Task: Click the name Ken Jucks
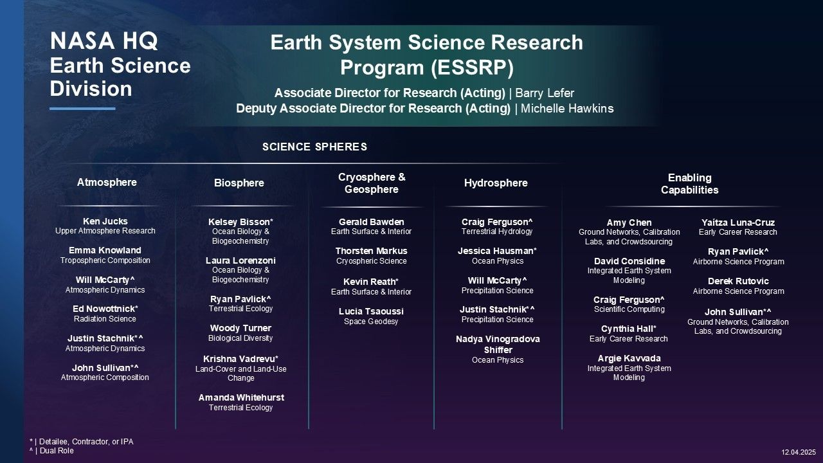coord(105,221)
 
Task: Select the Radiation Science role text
coord(105,319)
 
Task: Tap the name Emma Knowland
coord(105,250)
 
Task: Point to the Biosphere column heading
coord(239,183)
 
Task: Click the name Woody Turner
coord(240,328)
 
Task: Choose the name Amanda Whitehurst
coord(241,397)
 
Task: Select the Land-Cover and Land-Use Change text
coord(241,374)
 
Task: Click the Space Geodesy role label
coord(371,322)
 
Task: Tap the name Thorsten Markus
coord(372,251)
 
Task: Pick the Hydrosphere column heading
coord(496,183)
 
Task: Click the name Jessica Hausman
coord(497,251)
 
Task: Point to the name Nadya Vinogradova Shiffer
coord(498,344)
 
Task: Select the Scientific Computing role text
coord(629,309)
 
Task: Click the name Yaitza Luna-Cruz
coord(738,222)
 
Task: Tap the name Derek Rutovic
coord(739,281)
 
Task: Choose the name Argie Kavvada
coord(629,358)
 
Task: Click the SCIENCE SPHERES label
coord(315,147)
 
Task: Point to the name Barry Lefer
coord(545,93)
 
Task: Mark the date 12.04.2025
coord(799,452)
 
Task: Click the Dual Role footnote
coord(52,451)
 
